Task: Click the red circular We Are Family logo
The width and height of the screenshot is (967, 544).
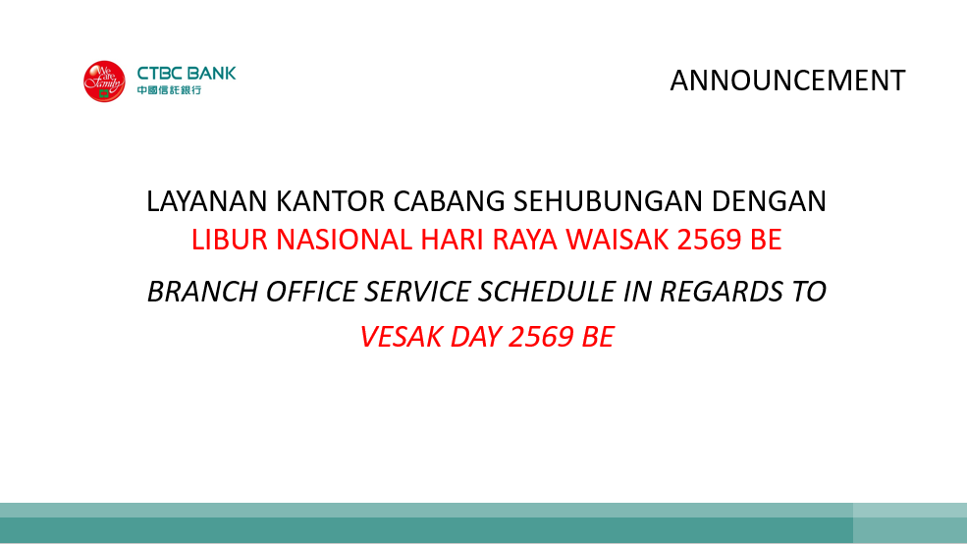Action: (104, 82)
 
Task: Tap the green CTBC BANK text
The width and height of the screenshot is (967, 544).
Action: (187, 74)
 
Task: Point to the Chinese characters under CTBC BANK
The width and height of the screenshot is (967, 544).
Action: (169, 90)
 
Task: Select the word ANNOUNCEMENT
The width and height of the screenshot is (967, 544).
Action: (787, 81)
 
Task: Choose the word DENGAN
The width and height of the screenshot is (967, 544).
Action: (769, 201)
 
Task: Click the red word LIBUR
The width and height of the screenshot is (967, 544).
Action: (230, 240)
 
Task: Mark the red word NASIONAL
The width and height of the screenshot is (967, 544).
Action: (345, 240)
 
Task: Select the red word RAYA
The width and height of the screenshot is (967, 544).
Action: (525, 240)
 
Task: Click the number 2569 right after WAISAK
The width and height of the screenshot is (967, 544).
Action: (709, 240)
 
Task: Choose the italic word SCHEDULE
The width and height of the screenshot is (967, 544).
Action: (547, 292)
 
